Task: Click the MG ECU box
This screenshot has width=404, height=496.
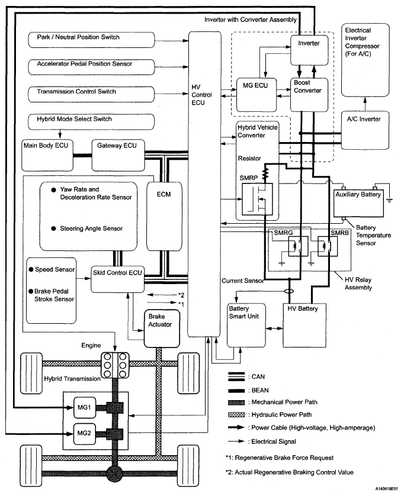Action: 256,95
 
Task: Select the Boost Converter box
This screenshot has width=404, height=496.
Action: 309,95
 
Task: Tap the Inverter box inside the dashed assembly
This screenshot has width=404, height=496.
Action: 309,50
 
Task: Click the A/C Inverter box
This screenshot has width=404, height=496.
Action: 365,130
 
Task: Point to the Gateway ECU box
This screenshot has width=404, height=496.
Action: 118,155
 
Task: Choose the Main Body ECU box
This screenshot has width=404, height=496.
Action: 47,155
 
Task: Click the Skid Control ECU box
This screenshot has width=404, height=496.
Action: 117,279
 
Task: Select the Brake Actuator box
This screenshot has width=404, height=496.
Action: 162,328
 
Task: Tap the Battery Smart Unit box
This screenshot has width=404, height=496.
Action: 246,325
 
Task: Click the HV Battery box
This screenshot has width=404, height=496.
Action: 304,325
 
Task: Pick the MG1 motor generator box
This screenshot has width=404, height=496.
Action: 85,407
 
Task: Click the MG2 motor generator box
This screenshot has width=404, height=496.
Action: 85,433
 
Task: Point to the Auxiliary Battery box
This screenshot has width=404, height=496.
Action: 358,203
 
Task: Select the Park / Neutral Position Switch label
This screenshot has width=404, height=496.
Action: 78,37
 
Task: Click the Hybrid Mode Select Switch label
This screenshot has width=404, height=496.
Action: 75,119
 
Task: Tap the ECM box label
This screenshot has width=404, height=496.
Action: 163,194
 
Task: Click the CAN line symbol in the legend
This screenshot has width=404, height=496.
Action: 236,376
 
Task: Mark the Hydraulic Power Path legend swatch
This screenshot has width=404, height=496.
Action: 236,414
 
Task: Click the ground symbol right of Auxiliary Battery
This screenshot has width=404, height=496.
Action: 389,200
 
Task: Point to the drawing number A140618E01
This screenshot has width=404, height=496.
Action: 387,489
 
